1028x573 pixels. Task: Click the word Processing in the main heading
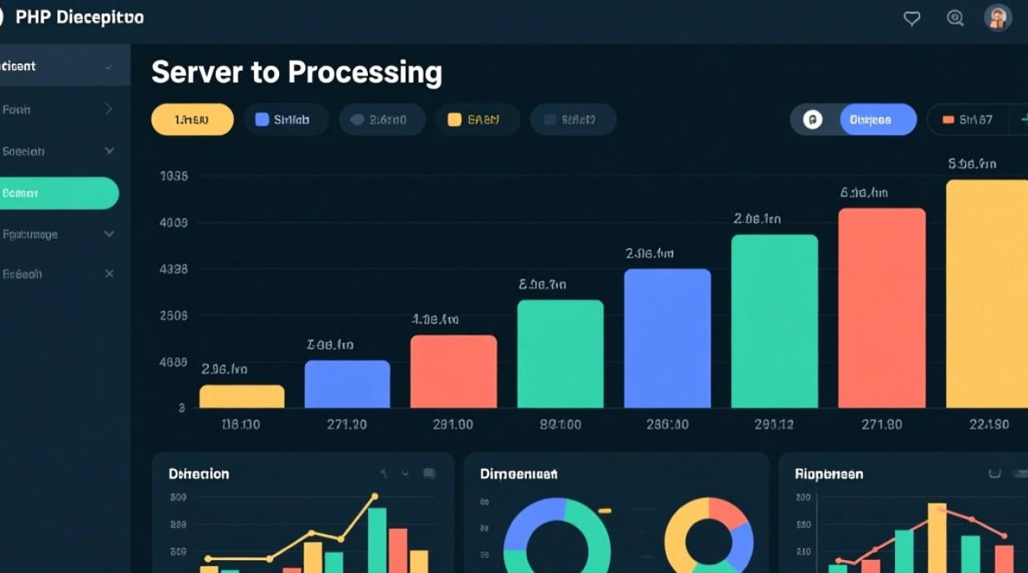tap(365, 73)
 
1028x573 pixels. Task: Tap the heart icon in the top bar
tap(912, 18)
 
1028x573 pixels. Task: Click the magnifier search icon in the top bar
tap(955, 18)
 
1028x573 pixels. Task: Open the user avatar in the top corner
tap(997, 18)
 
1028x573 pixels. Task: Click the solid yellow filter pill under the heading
tap(192, 120)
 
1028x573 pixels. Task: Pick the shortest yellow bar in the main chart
tap(242, 396)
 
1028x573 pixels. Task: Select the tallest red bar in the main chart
tap(881, 307)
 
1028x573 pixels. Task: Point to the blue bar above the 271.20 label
tap(347, 384)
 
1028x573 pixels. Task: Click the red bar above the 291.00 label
tap(454, 371)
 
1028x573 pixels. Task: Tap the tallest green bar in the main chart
tap(774, 321)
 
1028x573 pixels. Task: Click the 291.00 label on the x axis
tap(453, 424)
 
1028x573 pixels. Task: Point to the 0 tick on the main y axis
tap(182, 408)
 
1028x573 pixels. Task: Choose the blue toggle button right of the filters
tap(877, 120)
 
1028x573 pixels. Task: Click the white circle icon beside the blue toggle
tap(812, 120)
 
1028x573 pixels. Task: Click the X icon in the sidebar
tap(109, 274)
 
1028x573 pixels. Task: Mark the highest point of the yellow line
tap(375, 497)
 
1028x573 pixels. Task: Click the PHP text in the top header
tap(32, 18)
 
